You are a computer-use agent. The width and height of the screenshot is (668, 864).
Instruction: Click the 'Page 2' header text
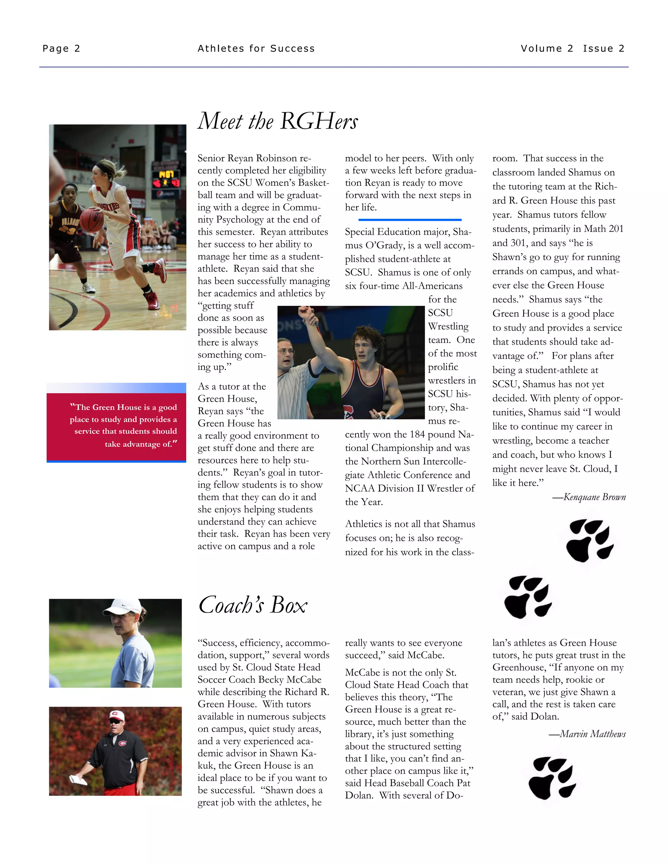click(61, 49)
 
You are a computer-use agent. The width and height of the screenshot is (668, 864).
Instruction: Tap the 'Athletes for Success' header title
click(256, 49)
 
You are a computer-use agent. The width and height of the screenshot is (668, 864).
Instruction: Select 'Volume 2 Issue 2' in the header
click(572, 49)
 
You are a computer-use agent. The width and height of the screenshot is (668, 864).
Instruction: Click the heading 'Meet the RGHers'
click(278, 121)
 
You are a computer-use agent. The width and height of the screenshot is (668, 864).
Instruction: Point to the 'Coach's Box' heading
click(252, 605)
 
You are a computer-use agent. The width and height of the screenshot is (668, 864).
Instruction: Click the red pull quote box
click(116, 426)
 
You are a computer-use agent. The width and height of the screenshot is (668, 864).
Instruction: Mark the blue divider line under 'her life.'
click(410, 219)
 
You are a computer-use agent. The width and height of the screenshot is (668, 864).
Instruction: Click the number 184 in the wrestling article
click(417, 434)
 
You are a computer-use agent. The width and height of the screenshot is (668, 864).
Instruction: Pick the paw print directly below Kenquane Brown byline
click(590, 540)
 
